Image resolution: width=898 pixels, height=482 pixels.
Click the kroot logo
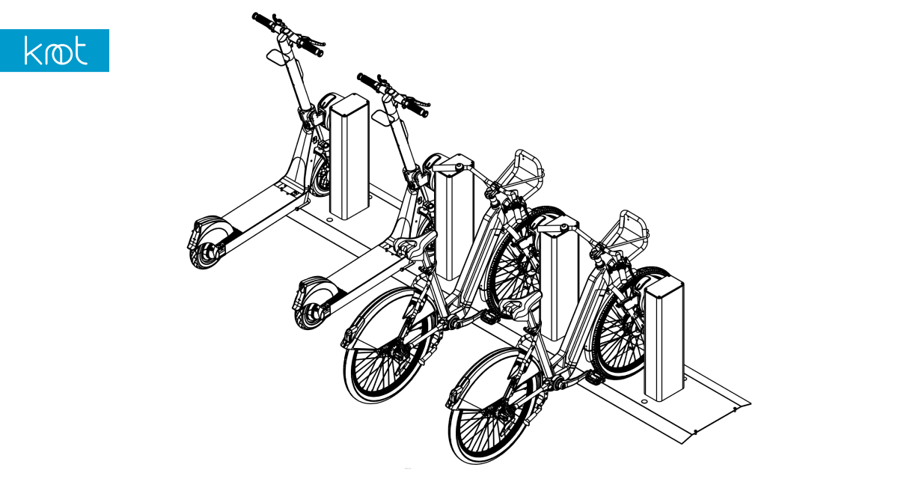(55, 51)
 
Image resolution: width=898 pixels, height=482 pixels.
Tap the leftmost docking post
(349, 156)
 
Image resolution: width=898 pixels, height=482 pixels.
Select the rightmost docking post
(664, 339)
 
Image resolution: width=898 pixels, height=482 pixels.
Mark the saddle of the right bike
(520, 304)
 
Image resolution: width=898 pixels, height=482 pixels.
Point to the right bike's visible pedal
(593, 378)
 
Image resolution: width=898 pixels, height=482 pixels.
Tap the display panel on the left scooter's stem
(276, 55)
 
